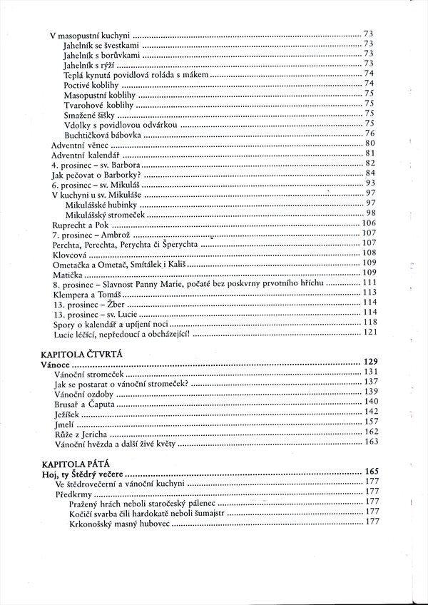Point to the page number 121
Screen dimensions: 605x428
(369, 332)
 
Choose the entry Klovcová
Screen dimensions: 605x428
(69, 253)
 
